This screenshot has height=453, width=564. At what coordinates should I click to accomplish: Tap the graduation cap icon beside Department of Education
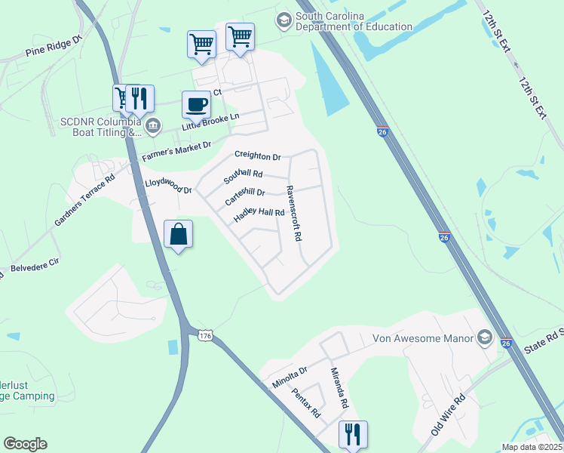tap(284, 19)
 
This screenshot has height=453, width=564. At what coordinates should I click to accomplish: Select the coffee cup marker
tap(196, 104)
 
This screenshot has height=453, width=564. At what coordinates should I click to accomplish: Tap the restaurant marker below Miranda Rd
tap(352, 434)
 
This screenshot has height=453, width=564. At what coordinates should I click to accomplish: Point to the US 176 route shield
tap(205, 334)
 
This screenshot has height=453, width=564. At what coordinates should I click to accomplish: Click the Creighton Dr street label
tap(257, 156)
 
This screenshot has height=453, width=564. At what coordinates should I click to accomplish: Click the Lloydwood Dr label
tap(168, 186)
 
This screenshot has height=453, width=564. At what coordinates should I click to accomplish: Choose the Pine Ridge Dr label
tap(53, 46)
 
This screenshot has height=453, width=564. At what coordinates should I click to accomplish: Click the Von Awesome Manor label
tap(422, 338)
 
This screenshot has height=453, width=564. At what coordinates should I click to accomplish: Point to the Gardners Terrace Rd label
tap(84, 200)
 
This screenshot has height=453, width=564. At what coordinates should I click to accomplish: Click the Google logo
tap(25, 444)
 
